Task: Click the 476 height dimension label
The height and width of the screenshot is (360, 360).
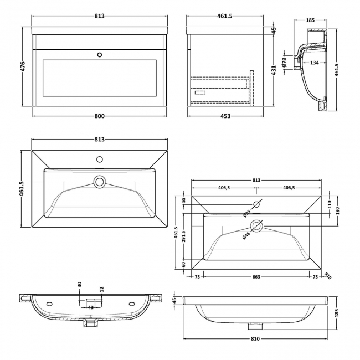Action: tap(23, 66)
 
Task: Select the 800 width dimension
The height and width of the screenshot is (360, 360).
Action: tap(99, 116)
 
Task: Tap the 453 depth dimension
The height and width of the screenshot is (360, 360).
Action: tap(225, 116)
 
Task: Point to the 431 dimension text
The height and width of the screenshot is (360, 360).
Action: tap(274, 70)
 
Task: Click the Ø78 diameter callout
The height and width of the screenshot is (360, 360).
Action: tap(284, 62)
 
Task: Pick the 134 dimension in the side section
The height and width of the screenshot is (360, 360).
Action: tap(315, 63)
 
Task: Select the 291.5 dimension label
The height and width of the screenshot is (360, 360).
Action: tap(183, 236)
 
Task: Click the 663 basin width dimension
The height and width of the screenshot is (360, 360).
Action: tap(256, 277)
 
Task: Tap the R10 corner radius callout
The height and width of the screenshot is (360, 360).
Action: tap(328, 276)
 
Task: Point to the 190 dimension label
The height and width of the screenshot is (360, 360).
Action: tap(337, 210)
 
